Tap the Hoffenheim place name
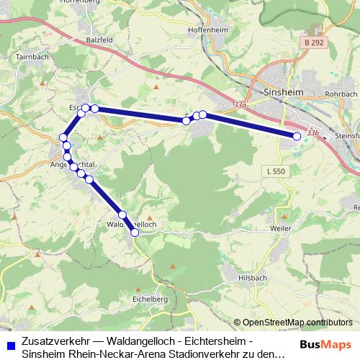208,29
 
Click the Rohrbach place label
341,94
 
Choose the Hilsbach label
254,276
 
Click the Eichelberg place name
150,298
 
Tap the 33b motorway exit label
312,133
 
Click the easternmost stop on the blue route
297,136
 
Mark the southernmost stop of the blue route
135,233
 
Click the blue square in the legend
10,345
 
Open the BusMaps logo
325,343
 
